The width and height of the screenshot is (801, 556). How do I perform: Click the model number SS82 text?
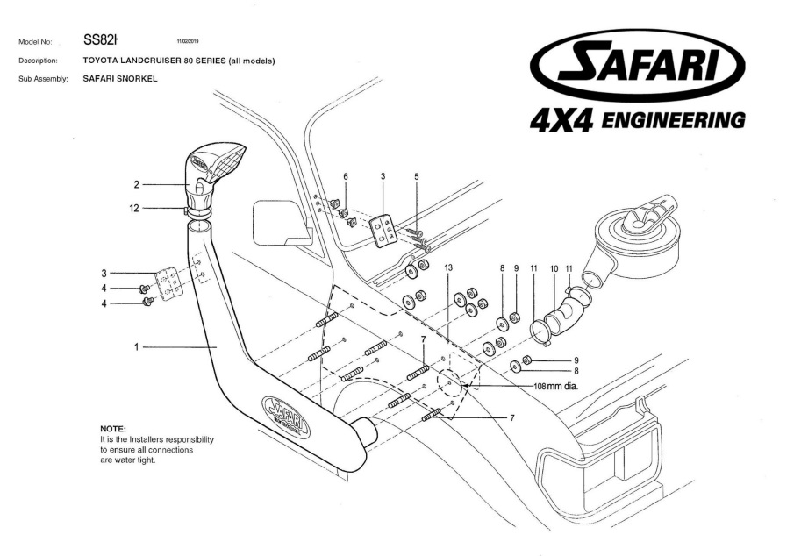pos(101,39)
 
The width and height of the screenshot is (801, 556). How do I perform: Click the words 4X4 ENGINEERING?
pos(638,120)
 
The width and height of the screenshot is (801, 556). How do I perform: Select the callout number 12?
pos(134,208)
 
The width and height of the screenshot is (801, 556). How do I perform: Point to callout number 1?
pos(136,346)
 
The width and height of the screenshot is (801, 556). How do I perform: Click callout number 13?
pos(448,264)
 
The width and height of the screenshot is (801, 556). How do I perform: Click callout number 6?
pos(345,176)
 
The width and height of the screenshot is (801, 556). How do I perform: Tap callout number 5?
pos(416,176)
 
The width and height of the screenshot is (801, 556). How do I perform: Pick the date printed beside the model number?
pos(189,40)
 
